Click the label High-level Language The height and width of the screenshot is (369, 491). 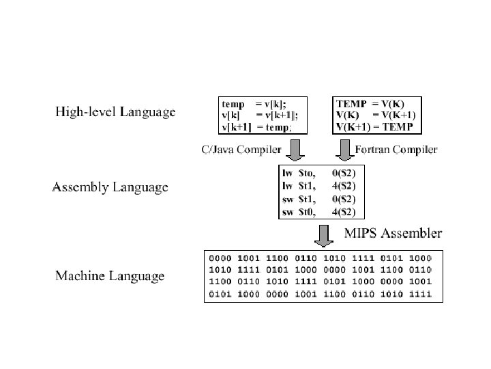click(115, 111)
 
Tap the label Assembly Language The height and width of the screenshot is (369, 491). click(110, 187)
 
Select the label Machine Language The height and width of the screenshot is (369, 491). click(110, 276)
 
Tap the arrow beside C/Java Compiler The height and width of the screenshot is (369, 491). click(296, 148)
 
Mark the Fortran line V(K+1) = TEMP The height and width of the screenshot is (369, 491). click(376, 127)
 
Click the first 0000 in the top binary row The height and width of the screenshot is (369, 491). click(221, 258)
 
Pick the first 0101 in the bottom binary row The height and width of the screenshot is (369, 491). click(221, 295)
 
